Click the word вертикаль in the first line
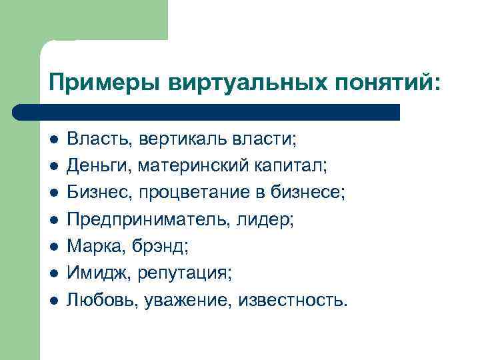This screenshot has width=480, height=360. [174, 139]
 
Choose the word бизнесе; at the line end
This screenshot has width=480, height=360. [309, 193]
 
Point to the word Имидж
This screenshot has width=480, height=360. [97, 273]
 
